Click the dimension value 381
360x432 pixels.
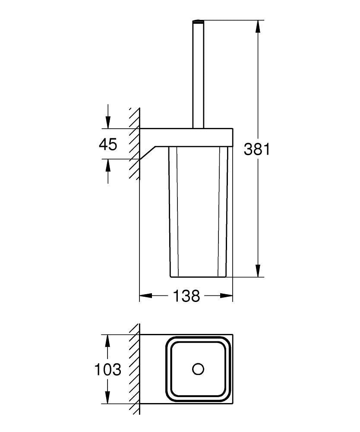pos(257,149)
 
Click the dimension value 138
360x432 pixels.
pos(186,296)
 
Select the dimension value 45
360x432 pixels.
pos(108,144)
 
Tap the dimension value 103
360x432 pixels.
pos(108,369)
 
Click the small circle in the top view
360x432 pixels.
pos(198,369)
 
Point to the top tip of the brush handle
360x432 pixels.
pos(198,20)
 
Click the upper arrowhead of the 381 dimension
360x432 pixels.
pos(258,26)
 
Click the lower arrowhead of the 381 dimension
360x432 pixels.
pos(258,271)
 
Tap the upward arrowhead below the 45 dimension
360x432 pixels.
pos(108,165)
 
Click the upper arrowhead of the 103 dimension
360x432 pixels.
pos(108,340)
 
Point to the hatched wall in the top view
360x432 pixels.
pos(135,369)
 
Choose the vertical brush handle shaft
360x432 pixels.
pos(198,73)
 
